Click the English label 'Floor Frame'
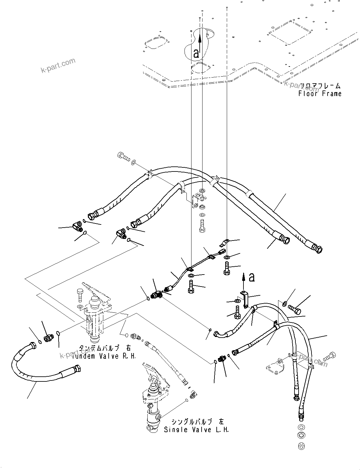(x=320, y=94)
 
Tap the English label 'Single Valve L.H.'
(x=197, y=430)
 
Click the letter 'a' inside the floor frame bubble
(x=196, y=53)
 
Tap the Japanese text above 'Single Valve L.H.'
(x=198, y=422)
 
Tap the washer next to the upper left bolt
(x=134, y=162)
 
